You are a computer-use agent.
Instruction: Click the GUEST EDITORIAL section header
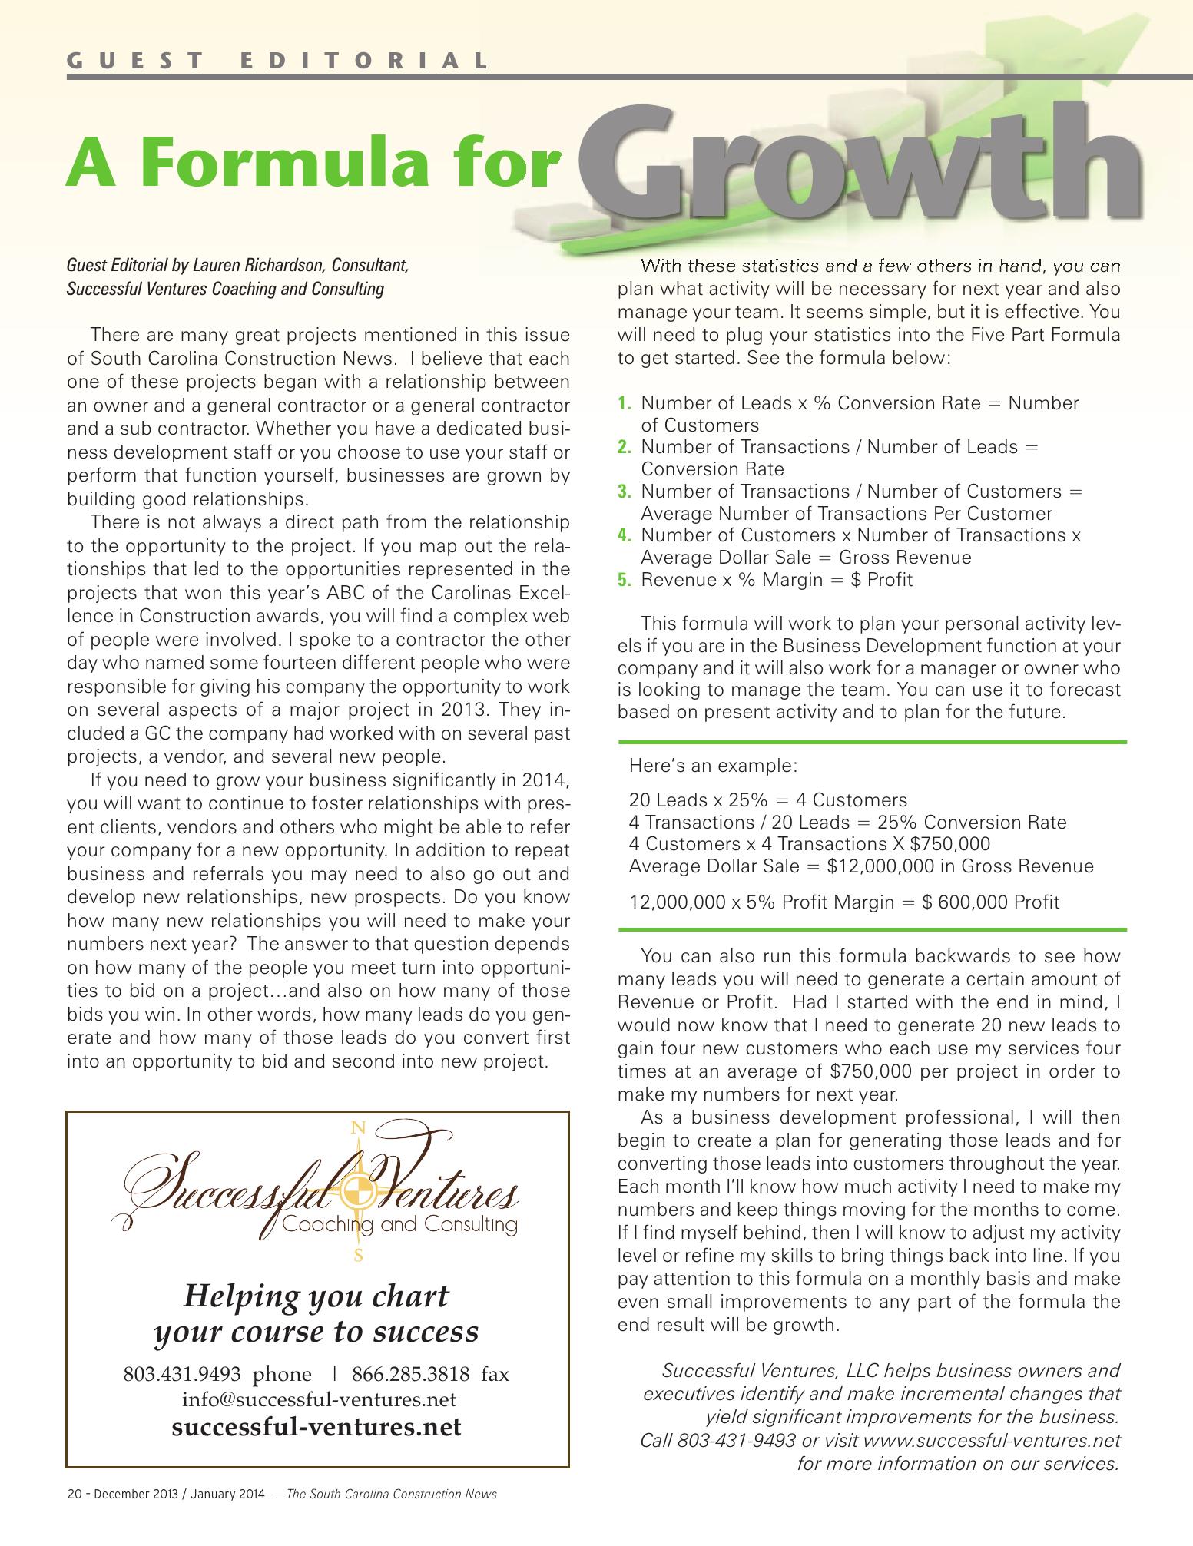277,60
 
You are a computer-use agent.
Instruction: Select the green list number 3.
625,492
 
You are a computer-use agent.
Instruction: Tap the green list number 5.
625,580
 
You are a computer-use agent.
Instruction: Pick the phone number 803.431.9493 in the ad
182,1374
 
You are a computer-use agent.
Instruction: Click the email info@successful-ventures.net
319,1399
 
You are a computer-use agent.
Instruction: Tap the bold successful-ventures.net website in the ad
316,1427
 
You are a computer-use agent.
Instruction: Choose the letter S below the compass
357,1257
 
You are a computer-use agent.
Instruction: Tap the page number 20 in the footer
74,1494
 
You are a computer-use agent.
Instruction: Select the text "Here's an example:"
713,766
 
